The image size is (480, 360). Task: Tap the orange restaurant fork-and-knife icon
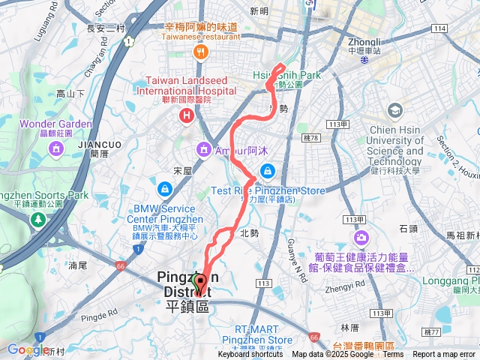[x=200, y=52]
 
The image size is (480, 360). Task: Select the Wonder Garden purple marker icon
[x=55, y=150]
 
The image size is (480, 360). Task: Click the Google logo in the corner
[x=28, y=349]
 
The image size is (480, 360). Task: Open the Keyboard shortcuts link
[x=251, y=355]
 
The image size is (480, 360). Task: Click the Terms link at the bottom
[x=393, y=355]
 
